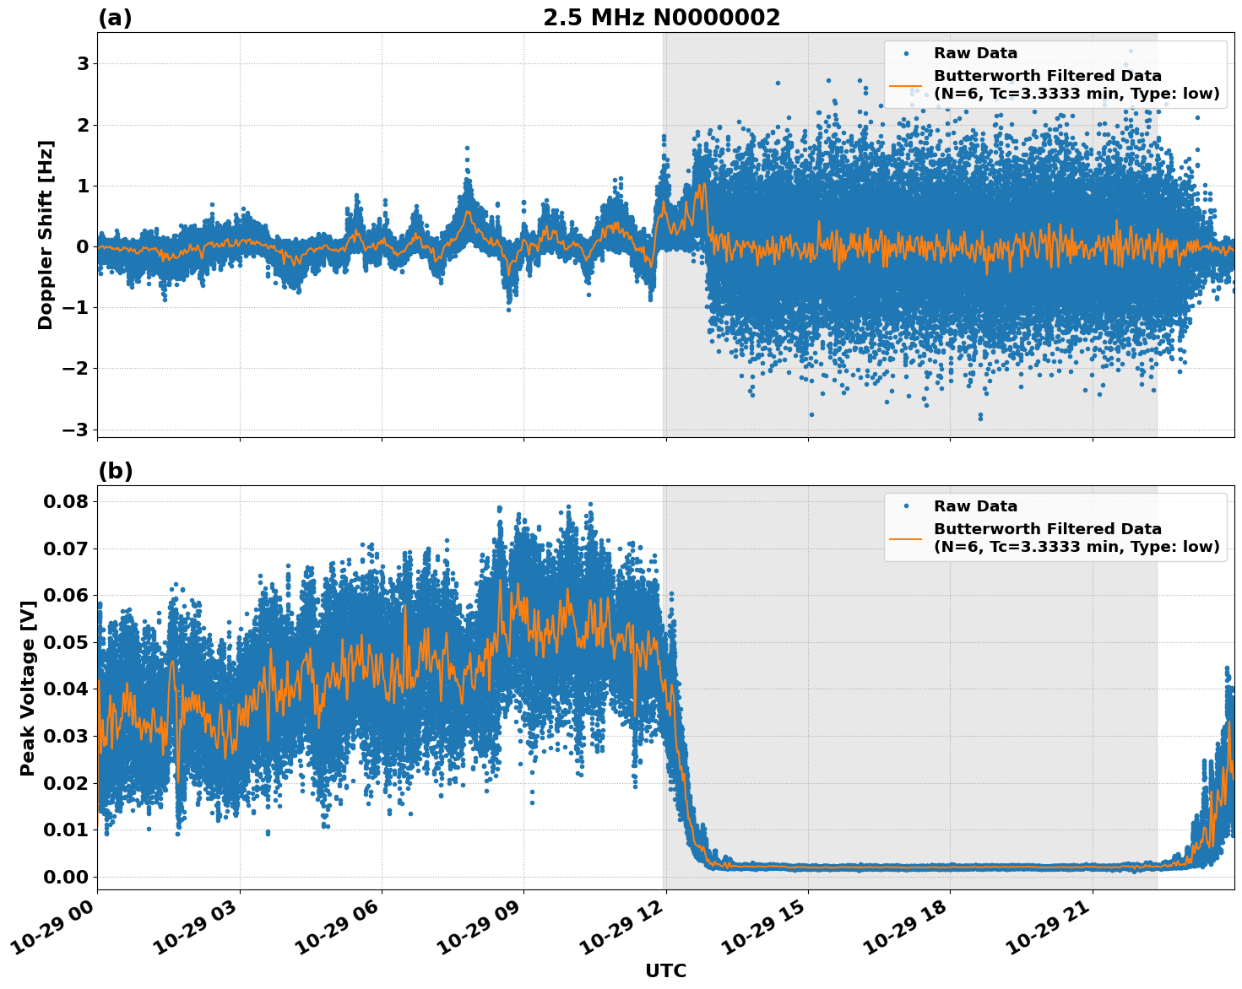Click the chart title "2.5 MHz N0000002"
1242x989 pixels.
[x=661, y=18]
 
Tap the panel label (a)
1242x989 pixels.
[x=115, y=18]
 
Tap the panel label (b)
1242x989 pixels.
[x=116, y=471]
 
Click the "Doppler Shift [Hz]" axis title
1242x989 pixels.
[x=46, y=235]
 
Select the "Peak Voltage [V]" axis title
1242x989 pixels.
[x=28, y=688]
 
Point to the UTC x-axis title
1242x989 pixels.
[x=665, y=970]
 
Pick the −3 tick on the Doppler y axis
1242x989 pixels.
[x=75, y=430]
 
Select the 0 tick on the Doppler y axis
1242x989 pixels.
[x=83, y=246]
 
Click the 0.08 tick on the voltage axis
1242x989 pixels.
[x=65, y=501]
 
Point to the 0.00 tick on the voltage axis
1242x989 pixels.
[x=65, y=877]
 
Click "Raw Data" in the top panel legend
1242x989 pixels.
[x=975, y=53]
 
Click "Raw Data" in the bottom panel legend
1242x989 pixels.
[x=975, y=506]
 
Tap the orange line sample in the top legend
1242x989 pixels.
[x=906, y=84]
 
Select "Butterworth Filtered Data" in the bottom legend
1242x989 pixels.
[x=1047, y=529]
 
